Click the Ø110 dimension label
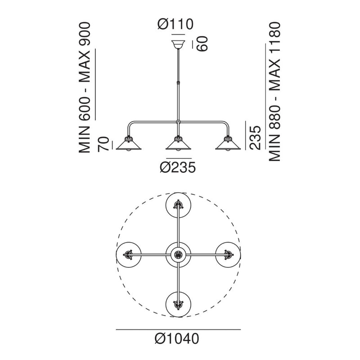point(175,24)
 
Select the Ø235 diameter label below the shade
point(178,167)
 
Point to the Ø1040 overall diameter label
point(177,339)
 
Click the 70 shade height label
point(103,144)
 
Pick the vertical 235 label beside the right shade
point(256,138)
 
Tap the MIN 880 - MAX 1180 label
point(274,91)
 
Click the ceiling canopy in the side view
point(178,45)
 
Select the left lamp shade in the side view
point(129,144)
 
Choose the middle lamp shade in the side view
point(178,144)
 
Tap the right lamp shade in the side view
point(228,144)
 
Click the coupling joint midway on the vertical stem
point(178,82)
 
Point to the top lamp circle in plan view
point(178,205)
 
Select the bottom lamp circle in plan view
point(178,305)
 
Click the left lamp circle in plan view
point(129,255)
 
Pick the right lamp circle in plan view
point(228,255)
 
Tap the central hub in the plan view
point(178,255)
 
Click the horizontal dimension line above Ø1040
point(178,329)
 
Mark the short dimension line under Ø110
point(178,35)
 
